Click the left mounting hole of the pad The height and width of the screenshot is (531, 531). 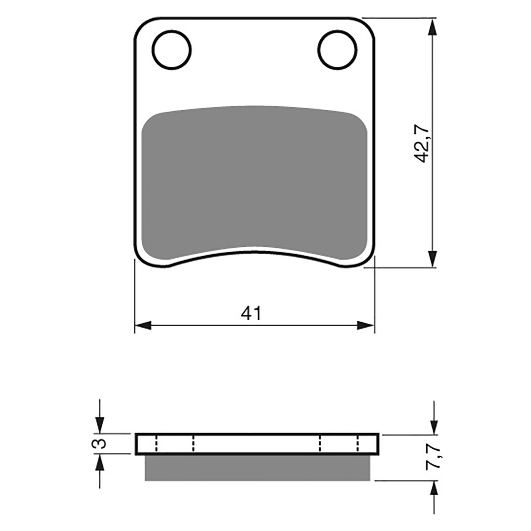(x=172, y=50)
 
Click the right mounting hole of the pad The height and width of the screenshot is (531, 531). (x=337, y=50)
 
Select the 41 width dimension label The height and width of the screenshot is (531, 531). (x=251, y=313)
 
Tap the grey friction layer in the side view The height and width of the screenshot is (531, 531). (x=257, y=468)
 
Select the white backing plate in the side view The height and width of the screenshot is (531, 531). (x=257, y=444)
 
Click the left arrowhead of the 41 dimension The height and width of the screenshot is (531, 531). (x=143, y=326)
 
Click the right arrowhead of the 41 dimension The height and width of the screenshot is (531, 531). (x=366, y=326)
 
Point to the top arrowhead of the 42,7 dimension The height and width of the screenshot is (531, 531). (x=431, y=27)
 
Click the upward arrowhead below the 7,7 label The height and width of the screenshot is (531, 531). (x=433, y=489)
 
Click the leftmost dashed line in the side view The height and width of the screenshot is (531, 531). (x=155, y=444)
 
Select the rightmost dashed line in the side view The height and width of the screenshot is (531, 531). (x=358, y=444)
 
